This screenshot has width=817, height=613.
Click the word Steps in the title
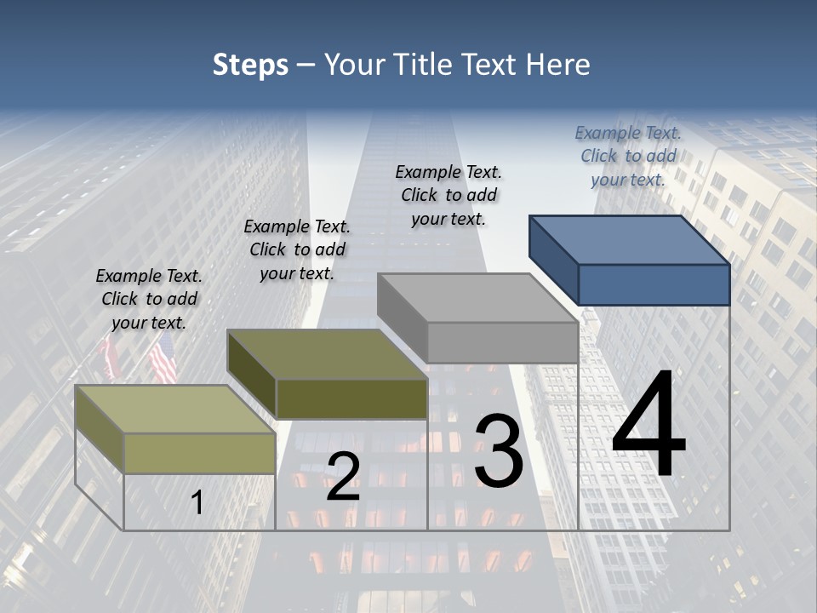click(x=250, y=65)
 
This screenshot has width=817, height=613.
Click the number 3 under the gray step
click(x=499, y=451)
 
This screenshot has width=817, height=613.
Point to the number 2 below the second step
click(x=343, y=477)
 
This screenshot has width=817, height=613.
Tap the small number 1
click(x=197, y=502)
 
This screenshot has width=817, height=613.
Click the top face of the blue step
click(x=628, y=239)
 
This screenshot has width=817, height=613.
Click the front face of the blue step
click(x=654, y=284)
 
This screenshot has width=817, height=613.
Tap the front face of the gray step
click(x=502, y=342)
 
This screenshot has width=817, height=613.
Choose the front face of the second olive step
click(x=351, y=398)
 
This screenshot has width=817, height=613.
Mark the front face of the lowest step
click(x=200, y=453)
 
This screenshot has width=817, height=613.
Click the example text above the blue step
click(x=628, y=156)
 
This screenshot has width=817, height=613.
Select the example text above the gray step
click(x=448, y=195)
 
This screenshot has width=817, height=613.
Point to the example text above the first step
click(x=149, y=299)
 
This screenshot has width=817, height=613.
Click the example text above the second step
click(x=297, y=249)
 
